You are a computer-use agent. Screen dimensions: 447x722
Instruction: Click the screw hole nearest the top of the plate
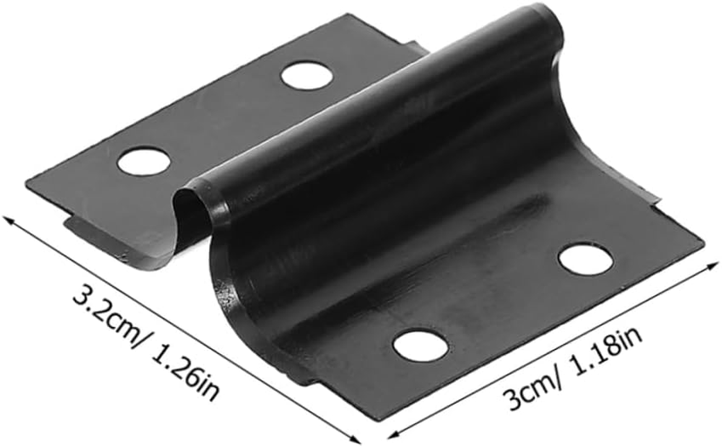306,75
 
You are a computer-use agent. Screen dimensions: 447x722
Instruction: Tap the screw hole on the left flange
144,161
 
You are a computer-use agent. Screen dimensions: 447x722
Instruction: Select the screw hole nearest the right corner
586,258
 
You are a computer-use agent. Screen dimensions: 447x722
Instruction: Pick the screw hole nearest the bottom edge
420,345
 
